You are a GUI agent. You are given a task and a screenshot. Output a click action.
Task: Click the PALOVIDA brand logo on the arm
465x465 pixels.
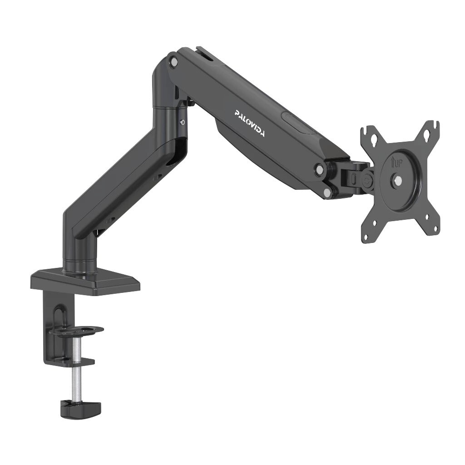(x=250, y=123)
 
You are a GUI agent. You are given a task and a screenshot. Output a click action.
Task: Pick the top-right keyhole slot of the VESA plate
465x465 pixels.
(x=427, y=134)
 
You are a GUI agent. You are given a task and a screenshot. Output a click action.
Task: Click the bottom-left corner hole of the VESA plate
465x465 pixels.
(x=374, y=223)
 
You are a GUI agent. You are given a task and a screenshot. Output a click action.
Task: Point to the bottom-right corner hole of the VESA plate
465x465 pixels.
(x=427, y=217)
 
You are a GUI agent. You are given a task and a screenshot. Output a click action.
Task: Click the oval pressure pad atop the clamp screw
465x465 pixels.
(x=76, y=331)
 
